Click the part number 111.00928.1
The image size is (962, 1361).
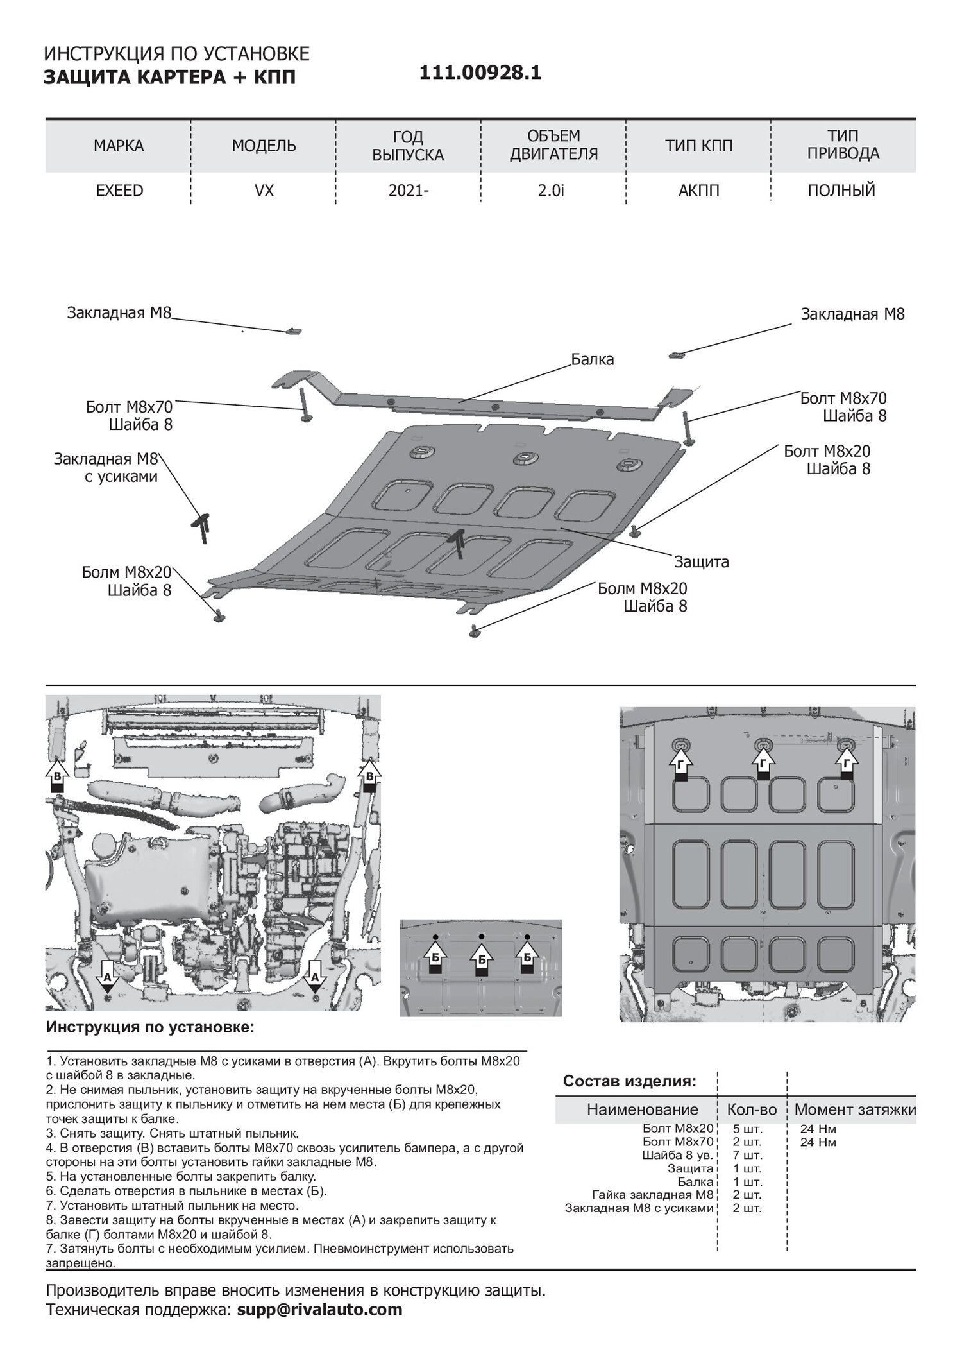coord(480,73)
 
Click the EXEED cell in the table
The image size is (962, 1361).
coord(119,191)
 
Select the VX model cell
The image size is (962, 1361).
coord(264,191)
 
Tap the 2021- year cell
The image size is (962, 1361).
coord(409,191)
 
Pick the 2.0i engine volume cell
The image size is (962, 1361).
coord(552,191)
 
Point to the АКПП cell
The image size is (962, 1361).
coord(698,191)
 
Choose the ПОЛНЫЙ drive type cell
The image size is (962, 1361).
coord(842,191)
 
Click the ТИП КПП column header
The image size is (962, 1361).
coord(698,146)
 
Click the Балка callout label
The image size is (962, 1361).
coord(593,359)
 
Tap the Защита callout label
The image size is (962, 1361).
coord(701,562)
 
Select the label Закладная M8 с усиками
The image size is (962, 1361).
coord(106,468)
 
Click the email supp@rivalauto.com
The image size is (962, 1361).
coord(319,1310)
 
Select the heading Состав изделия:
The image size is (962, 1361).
coord(629,1081)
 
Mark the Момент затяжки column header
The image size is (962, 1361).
coord(855,1109)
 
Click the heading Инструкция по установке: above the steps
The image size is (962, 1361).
coord(150,1027)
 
